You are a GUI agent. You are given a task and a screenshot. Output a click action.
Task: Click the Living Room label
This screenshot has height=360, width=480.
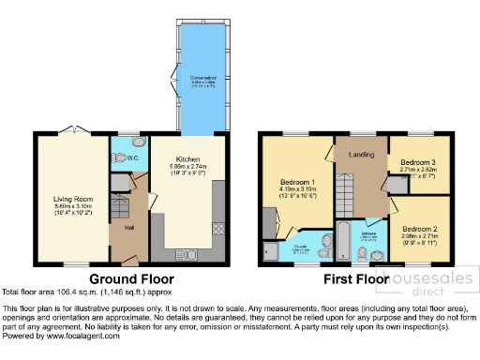[68, 198]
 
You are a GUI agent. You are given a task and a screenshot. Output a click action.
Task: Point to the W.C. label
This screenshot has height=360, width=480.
[122, 157]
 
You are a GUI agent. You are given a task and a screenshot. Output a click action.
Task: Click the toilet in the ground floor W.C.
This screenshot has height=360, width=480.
[139, 144]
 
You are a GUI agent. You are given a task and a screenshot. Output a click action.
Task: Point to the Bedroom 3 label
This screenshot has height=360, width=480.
[418, 161]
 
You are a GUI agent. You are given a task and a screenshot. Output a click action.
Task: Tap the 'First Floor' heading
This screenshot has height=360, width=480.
[355, 279]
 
